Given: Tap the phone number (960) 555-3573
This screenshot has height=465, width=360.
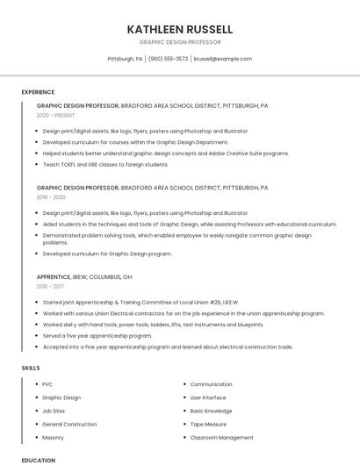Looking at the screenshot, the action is point(168,59).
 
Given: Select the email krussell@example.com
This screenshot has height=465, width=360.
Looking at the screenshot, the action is point(223,59).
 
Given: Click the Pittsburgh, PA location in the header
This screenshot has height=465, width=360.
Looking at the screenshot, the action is point(125,59).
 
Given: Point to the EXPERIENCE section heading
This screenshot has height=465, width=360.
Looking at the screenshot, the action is point(38,92).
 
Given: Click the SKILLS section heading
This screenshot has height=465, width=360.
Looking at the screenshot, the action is point(31,368).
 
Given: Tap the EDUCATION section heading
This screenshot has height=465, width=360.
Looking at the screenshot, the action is point(38,460).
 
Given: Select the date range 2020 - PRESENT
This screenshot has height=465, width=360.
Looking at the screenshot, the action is point(56,115).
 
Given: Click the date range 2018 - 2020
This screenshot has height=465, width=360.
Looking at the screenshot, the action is point(52,197).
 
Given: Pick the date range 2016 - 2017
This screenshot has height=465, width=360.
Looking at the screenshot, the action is point(51,286).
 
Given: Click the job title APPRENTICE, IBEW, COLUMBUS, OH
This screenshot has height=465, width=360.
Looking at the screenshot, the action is point(84,276).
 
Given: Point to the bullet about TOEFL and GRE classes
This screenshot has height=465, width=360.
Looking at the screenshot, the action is point(105,164).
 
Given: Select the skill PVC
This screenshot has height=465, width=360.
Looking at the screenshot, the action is point(47,384).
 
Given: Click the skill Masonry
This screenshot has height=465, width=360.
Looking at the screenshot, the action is point(54,437).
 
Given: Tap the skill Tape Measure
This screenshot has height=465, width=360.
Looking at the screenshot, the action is point(208,424).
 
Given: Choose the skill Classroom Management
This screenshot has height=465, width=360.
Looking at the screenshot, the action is point(221,437).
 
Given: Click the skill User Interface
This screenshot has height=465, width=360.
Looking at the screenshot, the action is point(209,397).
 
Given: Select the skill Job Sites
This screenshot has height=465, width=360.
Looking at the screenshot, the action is point(54,411).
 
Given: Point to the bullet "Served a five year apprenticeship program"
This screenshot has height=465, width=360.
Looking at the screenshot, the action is point(97,335).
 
